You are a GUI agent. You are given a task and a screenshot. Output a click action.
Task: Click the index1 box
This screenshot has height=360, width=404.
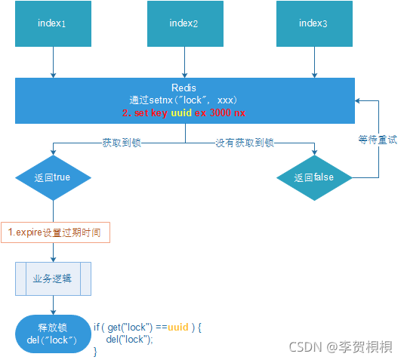pos(52,24)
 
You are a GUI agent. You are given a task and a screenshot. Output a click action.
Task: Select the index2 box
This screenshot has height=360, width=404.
pos(183,24)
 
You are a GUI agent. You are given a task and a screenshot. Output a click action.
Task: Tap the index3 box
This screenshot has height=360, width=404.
pos(313,24)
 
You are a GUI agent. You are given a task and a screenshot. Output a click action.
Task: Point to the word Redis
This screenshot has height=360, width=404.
pos(184,88)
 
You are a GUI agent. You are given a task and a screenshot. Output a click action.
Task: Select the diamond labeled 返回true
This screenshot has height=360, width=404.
pos(52,178)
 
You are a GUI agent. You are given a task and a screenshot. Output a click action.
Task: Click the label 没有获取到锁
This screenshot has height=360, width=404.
pos(244,141)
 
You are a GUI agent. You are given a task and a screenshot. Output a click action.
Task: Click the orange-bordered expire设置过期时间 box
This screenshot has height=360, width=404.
pos(54,232)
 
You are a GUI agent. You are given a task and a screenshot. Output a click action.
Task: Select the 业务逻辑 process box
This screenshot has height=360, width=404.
pos(52,278)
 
